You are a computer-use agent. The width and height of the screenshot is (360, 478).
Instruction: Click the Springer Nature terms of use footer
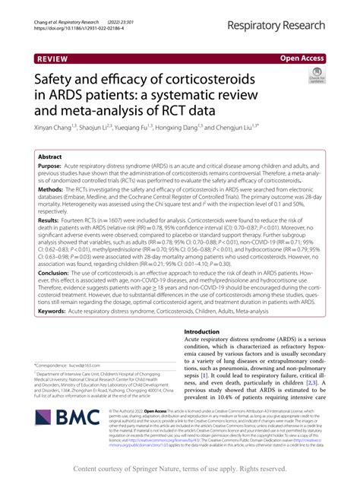tap(179, 469)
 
